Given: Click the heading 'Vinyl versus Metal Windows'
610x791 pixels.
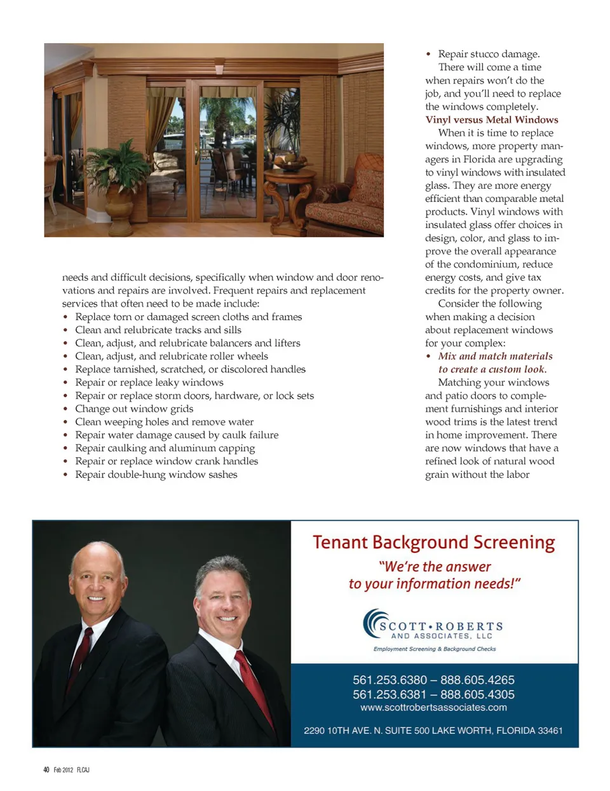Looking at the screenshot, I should coord(492,119).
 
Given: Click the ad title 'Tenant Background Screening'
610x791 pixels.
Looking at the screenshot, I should coord(433,542).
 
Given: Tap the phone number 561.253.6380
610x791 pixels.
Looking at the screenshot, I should coord(390,680).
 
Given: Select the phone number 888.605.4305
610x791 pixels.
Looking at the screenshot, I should coord(477,694).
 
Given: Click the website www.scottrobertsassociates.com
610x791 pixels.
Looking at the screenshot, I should coord(433,707).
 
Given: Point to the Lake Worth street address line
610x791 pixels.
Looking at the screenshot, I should coord(433,731).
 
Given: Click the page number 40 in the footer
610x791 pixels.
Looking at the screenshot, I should coord(46,769).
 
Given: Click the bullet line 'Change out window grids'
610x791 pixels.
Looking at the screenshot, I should coord(134,409).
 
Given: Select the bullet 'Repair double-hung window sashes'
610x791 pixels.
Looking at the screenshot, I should coord(156,475).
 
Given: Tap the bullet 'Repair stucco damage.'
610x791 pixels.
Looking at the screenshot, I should coord(488,54).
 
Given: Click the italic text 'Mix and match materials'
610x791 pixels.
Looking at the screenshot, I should coord(495,356).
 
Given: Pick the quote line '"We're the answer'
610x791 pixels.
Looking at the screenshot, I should coord(435,566).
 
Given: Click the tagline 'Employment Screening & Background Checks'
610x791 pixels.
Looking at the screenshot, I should coord(435,649).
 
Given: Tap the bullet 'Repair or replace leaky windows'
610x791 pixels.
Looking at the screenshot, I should coord(149,382).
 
